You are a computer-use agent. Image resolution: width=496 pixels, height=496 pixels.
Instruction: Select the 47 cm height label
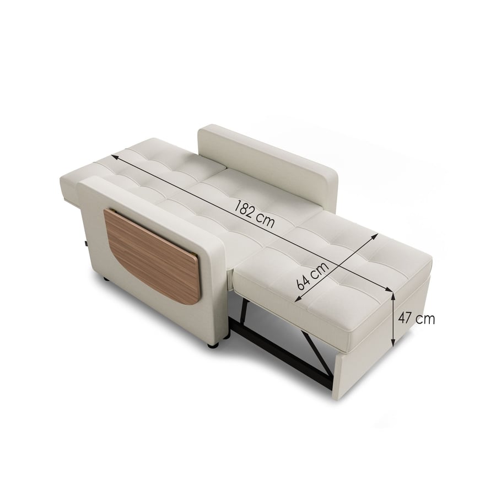[x=416, y=319]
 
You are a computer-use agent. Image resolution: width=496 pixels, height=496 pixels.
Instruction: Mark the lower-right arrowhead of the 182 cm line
[x=388, y=289]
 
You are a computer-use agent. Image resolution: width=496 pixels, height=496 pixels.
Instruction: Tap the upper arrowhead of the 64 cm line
[x=376, y=236]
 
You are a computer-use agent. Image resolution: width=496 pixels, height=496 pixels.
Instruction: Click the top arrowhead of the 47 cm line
[x=393, y=296]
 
